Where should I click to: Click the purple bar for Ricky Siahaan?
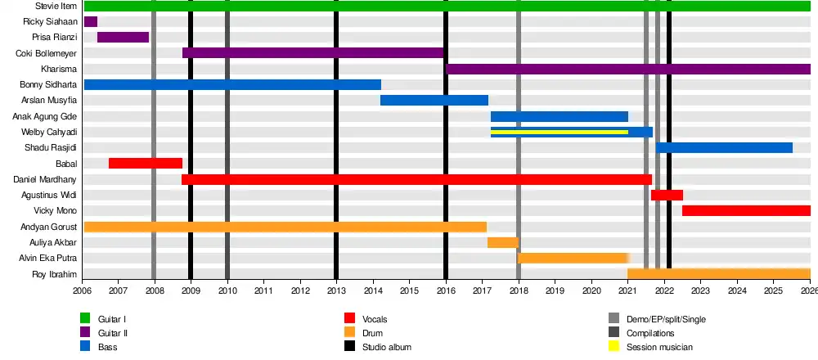coord(90,21)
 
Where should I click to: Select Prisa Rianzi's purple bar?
coord(123,37)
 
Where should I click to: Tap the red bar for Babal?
coord(145,164)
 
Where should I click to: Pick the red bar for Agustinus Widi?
coord(667,195)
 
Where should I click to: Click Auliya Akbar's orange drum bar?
coord(502,242)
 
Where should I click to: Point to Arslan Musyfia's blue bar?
coord(434,101)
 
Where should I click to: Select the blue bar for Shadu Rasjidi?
coord(724,147)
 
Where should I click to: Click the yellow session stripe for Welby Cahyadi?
coord(559,132)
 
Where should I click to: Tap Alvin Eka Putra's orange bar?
coord(573,258)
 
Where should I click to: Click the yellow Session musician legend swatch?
coord(613,347)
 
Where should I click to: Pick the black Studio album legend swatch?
coord(349,347)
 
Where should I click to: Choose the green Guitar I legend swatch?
coord(85,318)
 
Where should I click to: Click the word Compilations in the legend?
coord(650,333)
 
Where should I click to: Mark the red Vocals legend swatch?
coord(349,318)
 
